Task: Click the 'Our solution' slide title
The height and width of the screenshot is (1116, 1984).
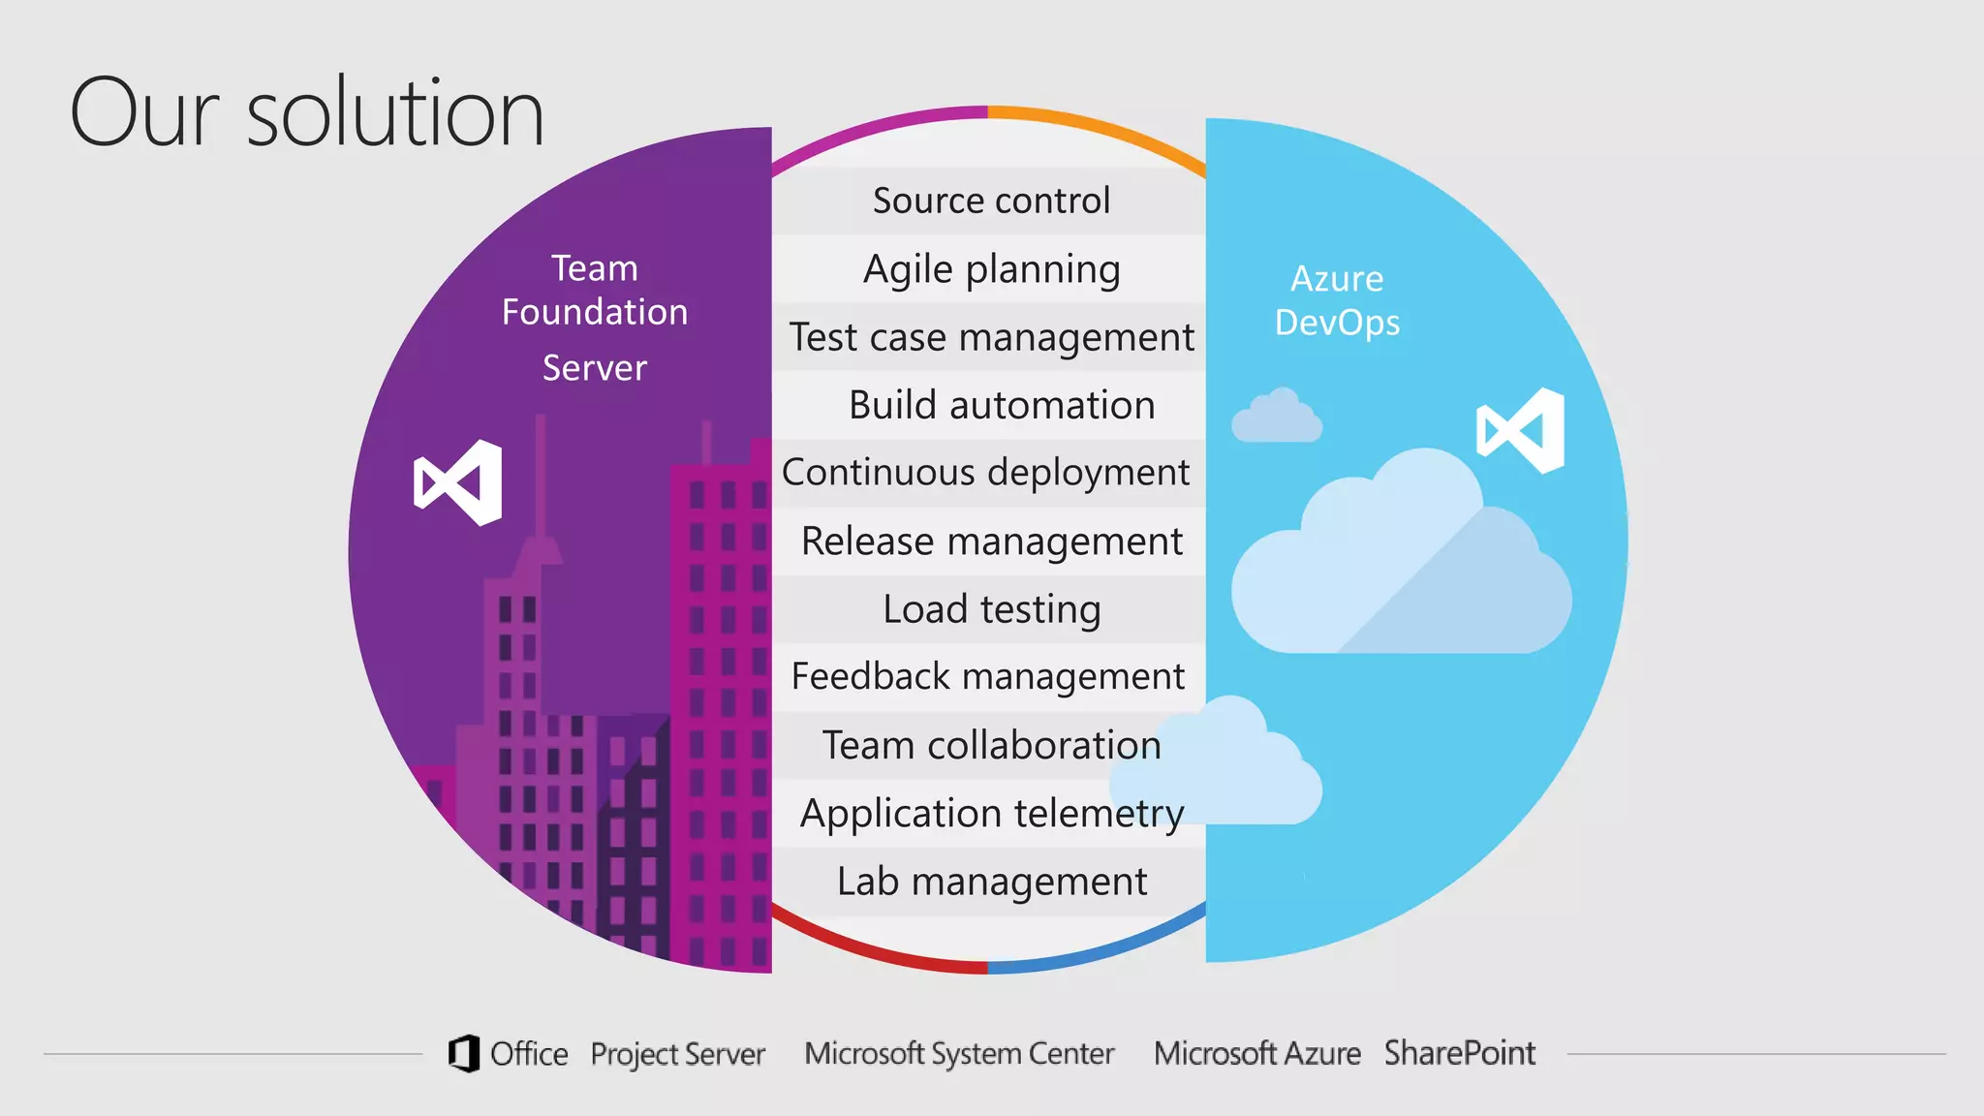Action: tap(307, 113)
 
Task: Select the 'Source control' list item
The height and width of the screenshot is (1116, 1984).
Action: tap(991, 201)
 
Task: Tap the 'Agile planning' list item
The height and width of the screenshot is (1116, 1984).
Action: tap(991, 269)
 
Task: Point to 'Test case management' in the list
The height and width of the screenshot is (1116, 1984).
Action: tap(991, 337)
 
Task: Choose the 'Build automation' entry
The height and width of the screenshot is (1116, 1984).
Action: tap(1001, 405)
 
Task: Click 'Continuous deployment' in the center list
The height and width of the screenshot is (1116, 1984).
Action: tap(985, 473)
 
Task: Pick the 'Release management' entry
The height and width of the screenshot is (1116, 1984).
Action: tap(991, 541)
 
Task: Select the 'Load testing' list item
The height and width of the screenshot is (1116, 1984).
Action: tap(991, 609)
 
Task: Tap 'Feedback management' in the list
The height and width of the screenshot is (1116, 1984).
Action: tap(987, 676)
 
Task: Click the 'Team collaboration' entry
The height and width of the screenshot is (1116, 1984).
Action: tap(991, 745)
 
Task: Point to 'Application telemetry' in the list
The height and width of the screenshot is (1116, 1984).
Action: tap(991, 813)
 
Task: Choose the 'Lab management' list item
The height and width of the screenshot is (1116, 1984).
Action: tap(991, 882)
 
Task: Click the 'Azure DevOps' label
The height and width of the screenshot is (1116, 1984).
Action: tap(1337, 300)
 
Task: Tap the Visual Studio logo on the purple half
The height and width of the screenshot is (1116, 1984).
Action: tap(458, 482)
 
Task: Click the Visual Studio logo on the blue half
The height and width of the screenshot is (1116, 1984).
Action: tap(1520, 430)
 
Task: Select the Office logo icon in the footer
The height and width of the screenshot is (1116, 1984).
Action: tap(464, 1053)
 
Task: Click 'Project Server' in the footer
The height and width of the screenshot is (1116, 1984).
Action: tap(677, 1054)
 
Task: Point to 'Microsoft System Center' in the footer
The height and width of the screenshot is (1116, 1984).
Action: tap(959, 1053)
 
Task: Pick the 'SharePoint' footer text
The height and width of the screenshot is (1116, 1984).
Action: tap(1459, 1053)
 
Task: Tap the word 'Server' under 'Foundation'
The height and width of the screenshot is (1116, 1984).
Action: tap(594, 368)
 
